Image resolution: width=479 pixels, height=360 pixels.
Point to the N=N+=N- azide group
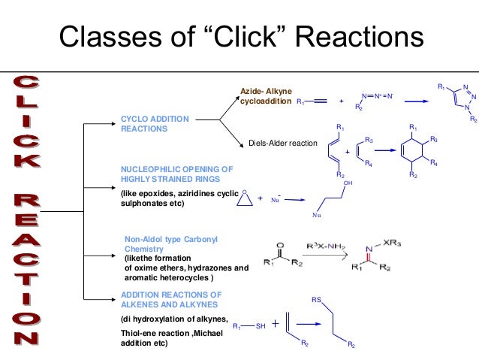tap(378, 96)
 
